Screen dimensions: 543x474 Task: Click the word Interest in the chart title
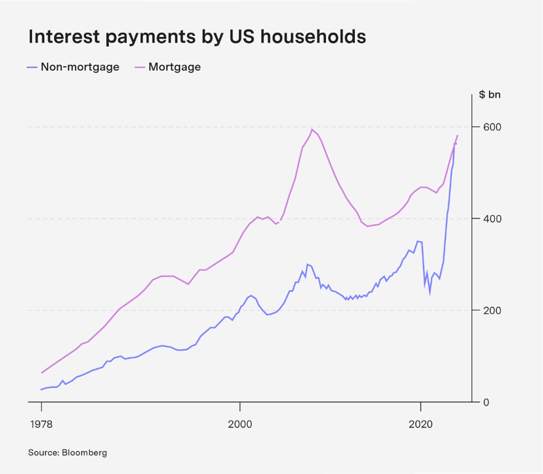(x=64, y=36)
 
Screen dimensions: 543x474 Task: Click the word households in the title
(x=313, y=36)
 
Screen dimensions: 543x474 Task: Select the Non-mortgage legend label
(x=80, y=67)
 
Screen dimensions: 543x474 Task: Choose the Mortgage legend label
(x=174, y=67)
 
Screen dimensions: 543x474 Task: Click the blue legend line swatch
(x=32, y=67)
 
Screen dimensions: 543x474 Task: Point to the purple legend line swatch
(x=140, y=67)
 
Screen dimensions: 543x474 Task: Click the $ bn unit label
(x=489, y=95)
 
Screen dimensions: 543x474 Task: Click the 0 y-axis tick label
(x=486, y=402)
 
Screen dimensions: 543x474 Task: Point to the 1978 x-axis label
(x=42, y=424)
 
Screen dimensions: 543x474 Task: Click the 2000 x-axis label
(x=240, y=424)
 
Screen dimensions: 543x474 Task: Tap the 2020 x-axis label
(x=421, y=424)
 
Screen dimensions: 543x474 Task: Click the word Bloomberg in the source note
(x=84, y=453)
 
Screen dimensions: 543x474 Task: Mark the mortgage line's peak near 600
(x=312, y=129)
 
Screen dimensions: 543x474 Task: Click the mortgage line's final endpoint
(x=457, y=135)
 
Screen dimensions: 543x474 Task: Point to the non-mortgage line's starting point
(x=41, y=390)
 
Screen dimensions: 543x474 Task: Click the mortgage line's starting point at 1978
(x=42, y=373)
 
